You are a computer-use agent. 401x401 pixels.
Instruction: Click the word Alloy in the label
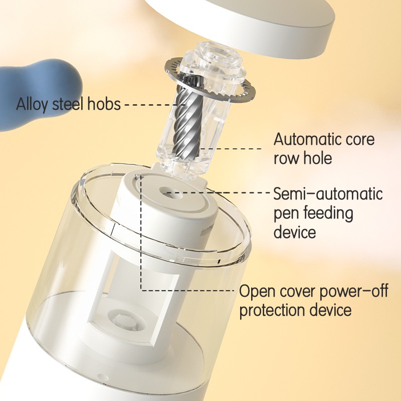[x=32, y=104]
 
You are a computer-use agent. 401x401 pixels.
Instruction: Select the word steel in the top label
[x=68, y=104]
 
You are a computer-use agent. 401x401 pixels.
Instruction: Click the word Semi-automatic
[x=328, y=194]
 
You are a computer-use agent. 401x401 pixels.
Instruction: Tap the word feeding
[x=329, y=214]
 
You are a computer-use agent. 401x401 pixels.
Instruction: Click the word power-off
[x=354, y=292]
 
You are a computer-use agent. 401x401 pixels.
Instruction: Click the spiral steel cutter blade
[x=187, y=121]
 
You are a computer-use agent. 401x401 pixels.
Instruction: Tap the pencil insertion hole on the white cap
[x=170, y=192]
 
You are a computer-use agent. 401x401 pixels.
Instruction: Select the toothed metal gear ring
[x=210, y=81]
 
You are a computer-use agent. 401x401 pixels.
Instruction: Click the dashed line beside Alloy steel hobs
[x=153, y=104]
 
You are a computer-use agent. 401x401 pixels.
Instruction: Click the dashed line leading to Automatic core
[x=230, y=148]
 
